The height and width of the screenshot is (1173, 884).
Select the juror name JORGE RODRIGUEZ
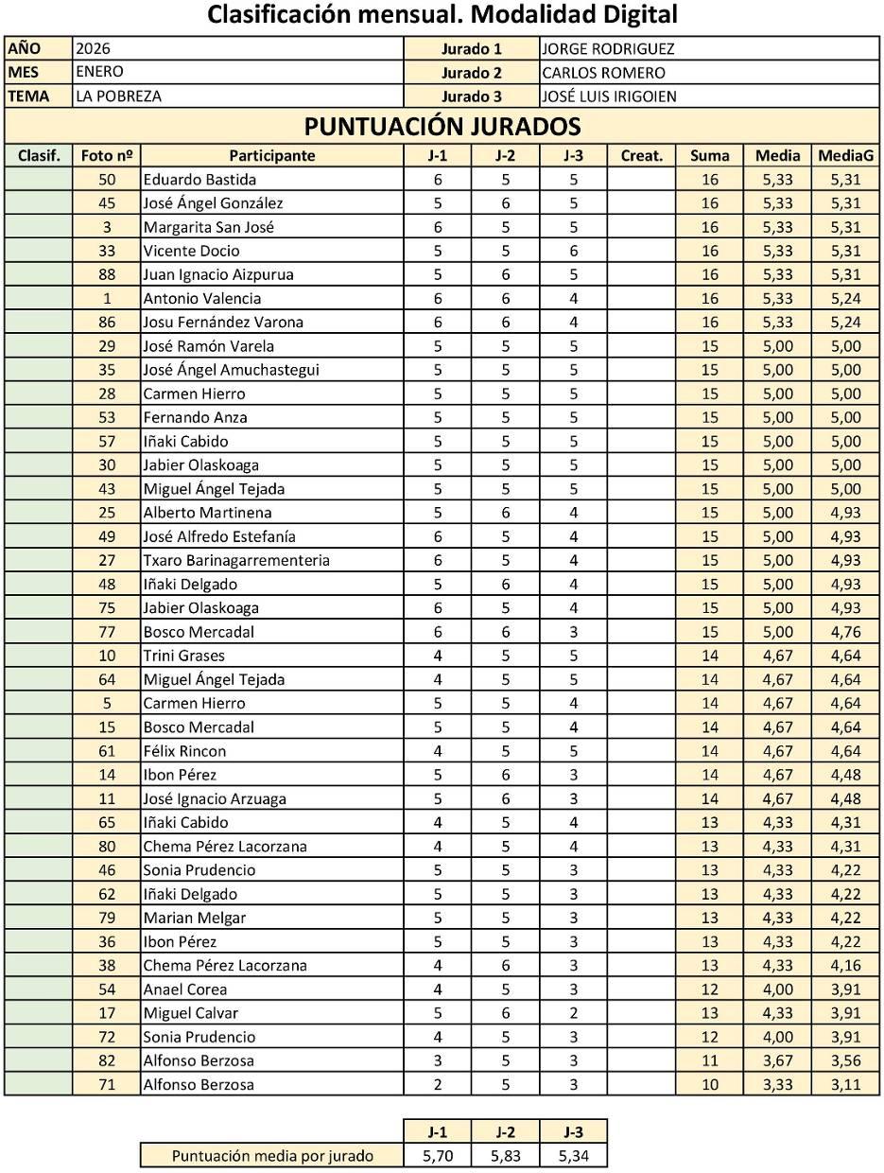[x=608, y=49]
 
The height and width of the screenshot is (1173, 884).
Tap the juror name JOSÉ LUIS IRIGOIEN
[x=609, y=96]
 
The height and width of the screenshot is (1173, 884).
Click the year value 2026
[x=94, y=48]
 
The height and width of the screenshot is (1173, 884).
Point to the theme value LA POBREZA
[x=118, y=96]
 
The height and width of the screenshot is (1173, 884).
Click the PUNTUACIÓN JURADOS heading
[x=442, y=126]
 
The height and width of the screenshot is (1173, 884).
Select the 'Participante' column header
[x=271, y=156]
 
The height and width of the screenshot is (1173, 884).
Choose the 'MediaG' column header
[x=846, y=156]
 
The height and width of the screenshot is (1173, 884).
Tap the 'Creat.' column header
[x=641, y=156]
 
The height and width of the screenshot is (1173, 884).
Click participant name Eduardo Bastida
[x=199, y=180]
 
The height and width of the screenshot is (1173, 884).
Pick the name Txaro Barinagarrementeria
[x=236, y=561]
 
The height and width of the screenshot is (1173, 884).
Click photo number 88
[x=107, y=275]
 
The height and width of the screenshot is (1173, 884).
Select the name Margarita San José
[x=209, y=228]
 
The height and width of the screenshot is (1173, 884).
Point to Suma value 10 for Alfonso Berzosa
[x=709, y=1085]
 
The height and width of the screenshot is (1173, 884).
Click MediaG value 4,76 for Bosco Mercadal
[x=846, y=632]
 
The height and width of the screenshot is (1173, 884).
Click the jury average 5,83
[x=505, y=1156]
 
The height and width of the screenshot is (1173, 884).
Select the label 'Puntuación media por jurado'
[x=272, y=1156]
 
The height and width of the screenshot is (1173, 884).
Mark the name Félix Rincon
[x=184, y=751]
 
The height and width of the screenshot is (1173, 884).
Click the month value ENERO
[x=99, y=72]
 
